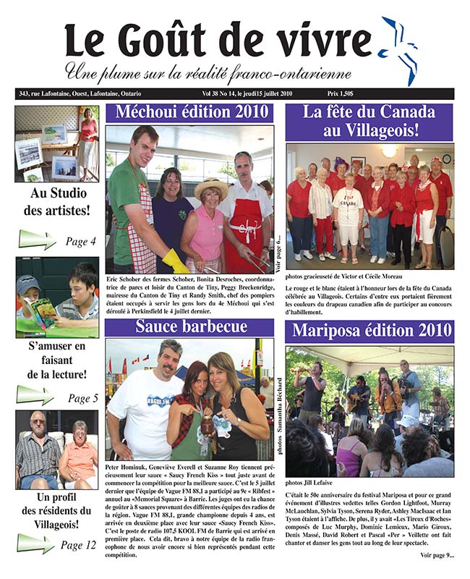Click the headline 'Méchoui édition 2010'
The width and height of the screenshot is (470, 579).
tap(189, 114)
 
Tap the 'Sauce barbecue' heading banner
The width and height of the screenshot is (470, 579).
tap(191, 327)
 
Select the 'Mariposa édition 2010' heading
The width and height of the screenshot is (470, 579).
tap(369, 332)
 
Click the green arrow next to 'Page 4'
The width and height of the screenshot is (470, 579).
tap(37, 239)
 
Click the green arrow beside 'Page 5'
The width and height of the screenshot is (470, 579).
tap(35, 395)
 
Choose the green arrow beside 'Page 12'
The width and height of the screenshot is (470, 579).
tap(35, 543)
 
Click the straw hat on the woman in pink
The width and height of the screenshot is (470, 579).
tap(211, 187)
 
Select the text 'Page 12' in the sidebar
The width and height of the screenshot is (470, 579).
tap(77, 544)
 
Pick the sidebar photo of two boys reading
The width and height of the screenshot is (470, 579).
tap(57, 297)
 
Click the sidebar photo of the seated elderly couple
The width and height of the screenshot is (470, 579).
tap(57, 449)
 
